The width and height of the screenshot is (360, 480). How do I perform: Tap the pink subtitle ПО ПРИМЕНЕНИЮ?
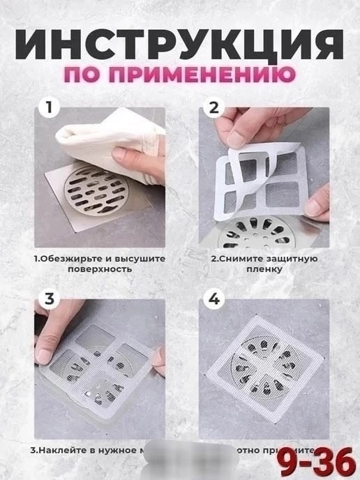(x=180, y=75)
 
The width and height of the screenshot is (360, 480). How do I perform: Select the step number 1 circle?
(x=48, y=108)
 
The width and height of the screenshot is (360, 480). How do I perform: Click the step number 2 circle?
(x=213, y=108)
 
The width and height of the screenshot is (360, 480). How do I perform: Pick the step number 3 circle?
(x=48, y=299)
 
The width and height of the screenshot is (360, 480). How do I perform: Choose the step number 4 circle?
(x=213, y=299)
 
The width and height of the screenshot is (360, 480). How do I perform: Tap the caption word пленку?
(x=264, y=269)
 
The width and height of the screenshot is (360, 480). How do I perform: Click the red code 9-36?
(x=317, y=461)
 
